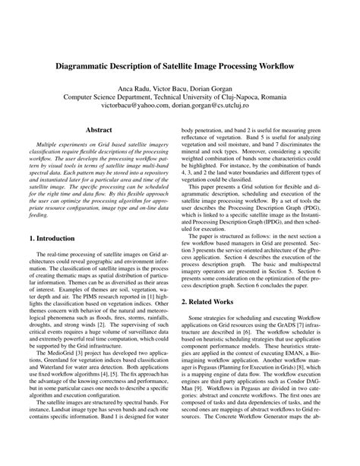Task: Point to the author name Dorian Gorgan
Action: [223, 89]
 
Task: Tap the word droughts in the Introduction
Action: [45, 347]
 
